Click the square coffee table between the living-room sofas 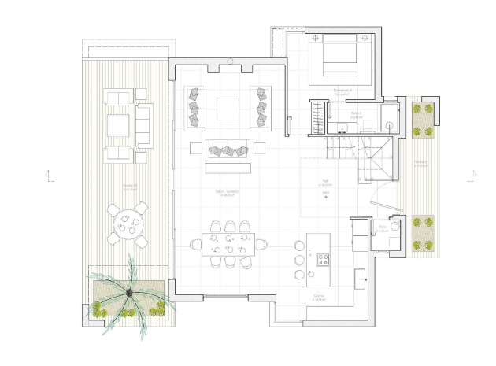coord(228,108)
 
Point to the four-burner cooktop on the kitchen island coord(323,257)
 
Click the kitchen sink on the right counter coord(362,275)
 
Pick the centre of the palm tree coord(128,294)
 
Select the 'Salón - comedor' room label coord(228,192)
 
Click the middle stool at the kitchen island coord(299,259)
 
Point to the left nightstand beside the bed coord(313,37)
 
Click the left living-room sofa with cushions coord(195,108)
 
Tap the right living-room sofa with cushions coord(260,108)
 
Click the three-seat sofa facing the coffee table coord(228,150)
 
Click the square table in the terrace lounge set coord(119,124)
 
